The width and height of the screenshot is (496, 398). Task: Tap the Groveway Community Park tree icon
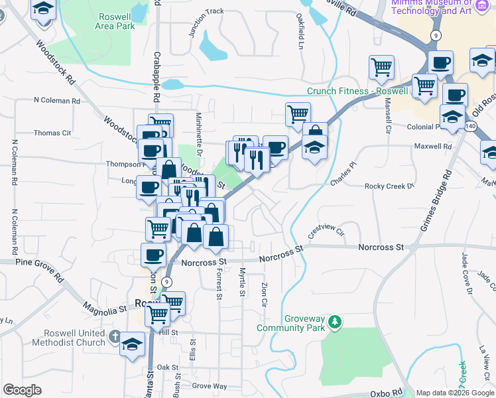pyautogui.click(x=336, y=322)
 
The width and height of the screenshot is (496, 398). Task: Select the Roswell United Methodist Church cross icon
pyautogui.click(x=115, y=336)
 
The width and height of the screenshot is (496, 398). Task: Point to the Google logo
pyautogui.click(x=22, y=390)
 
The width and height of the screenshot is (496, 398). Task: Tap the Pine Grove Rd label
pyautogui.click(x=29, y=263)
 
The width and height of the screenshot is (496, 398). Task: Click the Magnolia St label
pyautogui.click(x=104, y=308)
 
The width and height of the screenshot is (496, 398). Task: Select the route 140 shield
pyautogui.click(x=470, y=126)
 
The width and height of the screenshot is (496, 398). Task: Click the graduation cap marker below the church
pyautogui.click(x=133, y=344)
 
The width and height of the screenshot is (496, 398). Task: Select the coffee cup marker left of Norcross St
pyautogui.click(x=154, y=254)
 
